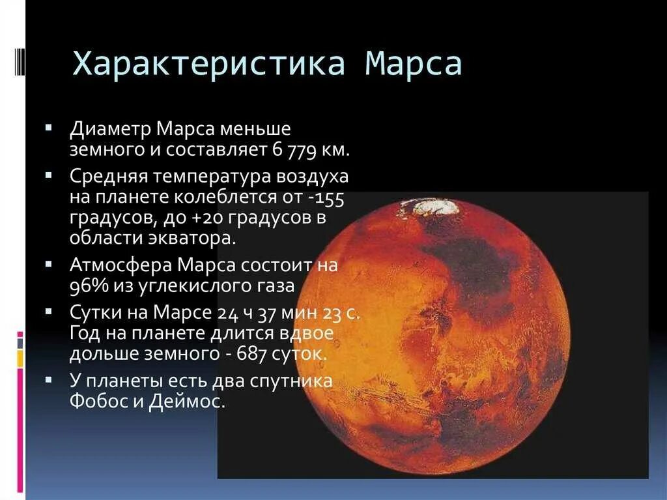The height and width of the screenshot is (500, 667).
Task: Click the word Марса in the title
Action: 414,65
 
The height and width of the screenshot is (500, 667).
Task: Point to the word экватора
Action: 193,238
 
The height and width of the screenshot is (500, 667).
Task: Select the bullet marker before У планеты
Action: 49,377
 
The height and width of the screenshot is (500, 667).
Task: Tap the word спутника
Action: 296,381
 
